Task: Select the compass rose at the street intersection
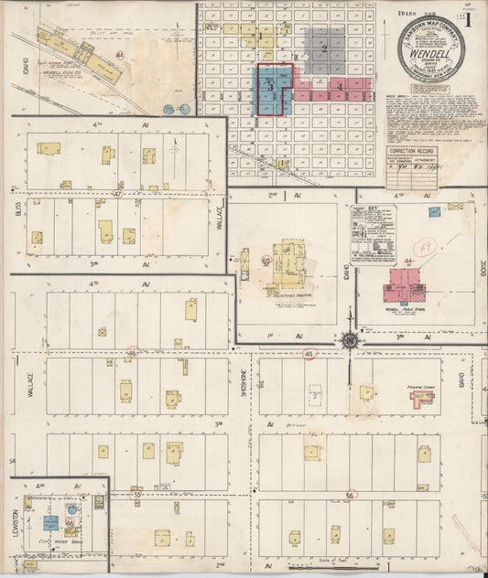pyautogui.click(x=350, y=340)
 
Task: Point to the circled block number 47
pyautogui.click(x=116, y=194)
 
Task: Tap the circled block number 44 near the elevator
pyautogui.click(x=120, y=55)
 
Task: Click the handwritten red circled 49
pyautogui.click(x=423, y=247)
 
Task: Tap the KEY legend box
pyautogui.click(x=373, y=235)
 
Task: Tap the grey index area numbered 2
pyautogui.click(x=324, y=48)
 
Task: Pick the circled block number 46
pyautogui.click(x=132, y=352)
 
